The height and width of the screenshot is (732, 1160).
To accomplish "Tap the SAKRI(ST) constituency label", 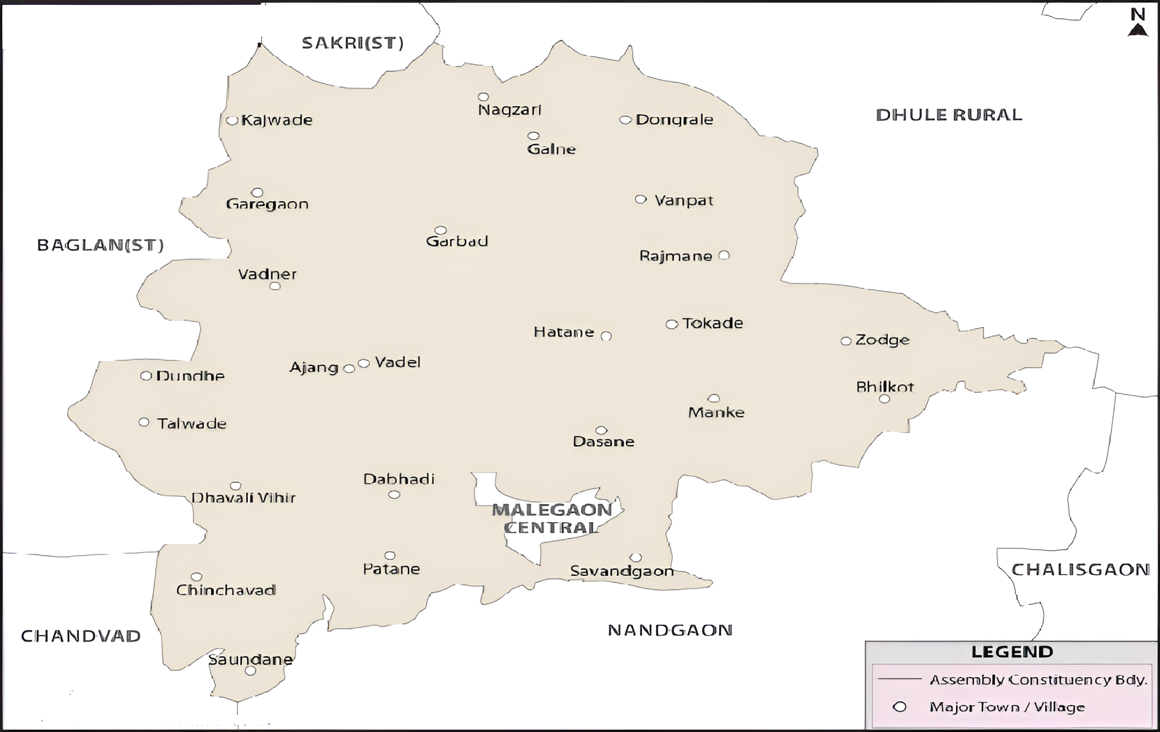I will tap(353, 43).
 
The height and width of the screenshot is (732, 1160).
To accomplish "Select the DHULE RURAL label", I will tap(949, 115).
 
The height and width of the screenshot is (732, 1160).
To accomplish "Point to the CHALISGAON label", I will tap(1081, 570).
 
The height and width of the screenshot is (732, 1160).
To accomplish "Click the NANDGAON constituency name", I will tap(670, 630).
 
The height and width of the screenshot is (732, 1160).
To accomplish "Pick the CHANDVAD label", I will tap(81, 636).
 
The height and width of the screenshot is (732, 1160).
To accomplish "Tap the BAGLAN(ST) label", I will tap(101, 245).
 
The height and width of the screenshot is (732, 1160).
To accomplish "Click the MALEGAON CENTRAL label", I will tap(552, 518).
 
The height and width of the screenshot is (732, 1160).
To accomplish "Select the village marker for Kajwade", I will tap(232, 120).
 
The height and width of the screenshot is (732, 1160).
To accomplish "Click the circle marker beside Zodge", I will tap(846, 341).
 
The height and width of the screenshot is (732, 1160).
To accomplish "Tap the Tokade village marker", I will tap(672, 325).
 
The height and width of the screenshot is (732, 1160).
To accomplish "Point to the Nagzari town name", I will tap(510, 110).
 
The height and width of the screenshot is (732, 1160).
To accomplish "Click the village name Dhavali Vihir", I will tap(244, 498).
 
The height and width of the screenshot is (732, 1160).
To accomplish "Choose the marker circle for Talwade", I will tap(144, 422).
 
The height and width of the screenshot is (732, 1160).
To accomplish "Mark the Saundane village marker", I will tap(250, 671).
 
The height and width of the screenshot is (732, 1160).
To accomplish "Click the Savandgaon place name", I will tap(622, 571).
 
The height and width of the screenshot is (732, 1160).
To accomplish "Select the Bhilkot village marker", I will tap(884, 399).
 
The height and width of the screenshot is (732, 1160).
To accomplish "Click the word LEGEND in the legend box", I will tap(1012, 652).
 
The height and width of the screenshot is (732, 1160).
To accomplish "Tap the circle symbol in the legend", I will tap(899, 707).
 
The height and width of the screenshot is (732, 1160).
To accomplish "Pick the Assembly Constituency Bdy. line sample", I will tap(899, 679).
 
